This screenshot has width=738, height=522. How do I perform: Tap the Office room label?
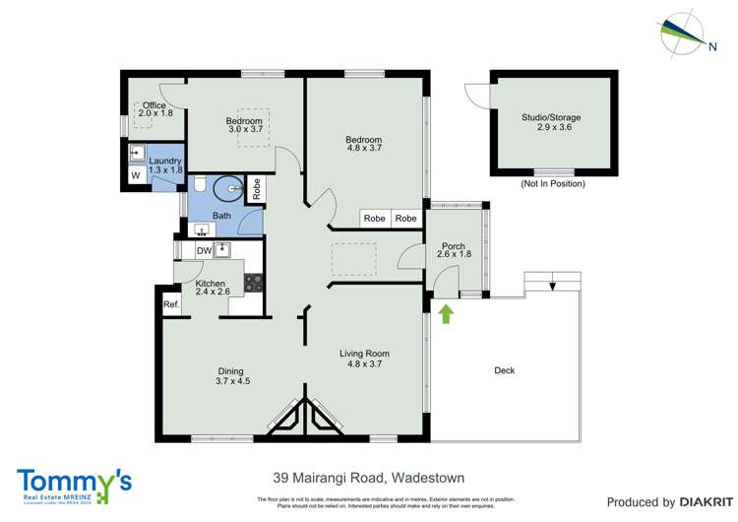[154, 109]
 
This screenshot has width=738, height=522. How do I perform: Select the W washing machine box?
[134, 176]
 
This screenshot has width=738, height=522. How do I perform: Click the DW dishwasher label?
[203, 251]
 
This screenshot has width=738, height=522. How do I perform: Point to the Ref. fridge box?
[171, 304]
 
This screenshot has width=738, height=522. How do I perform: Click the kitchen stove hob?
[254, 282]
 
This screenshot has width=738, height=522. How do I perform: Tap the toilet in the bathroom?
[199, 184]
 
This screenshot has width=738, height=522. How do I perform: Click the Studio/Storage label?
[551, 123]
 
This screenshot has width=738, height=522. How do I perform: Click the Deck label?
[504, 370]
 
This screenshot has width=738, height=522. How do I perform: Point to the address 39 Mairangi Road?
[368, 479]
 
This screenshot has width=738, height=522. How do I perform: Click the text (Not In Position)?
[551, 184]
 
